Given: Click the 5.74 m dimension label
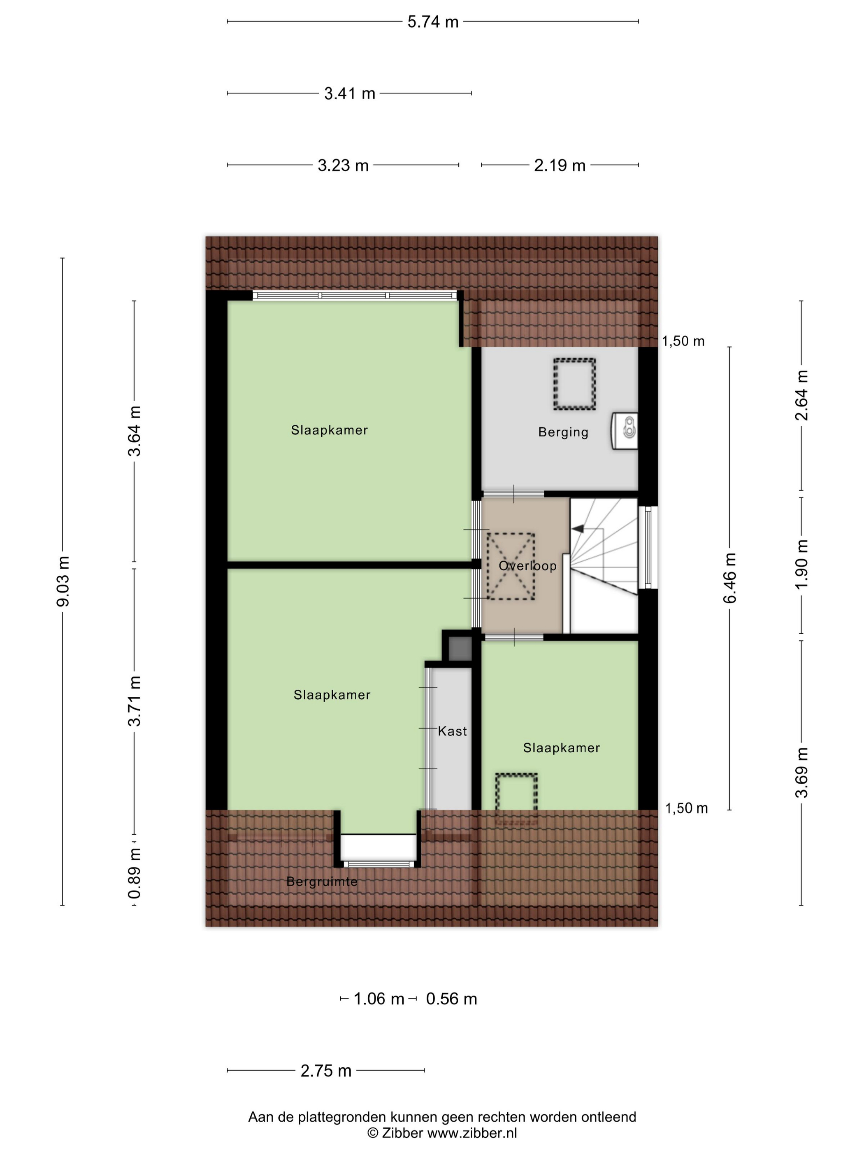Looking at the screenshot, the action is [x=433, y=22].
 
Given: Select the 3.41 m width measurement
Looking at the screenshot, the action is [x=349, y=94].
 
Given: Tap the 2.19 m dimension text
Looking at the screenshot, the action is [x=560, y=166].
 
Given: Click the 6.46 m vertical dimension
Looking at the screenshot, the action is [x=729, y=578].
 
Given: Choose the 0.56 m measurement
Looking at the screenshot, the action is [x=451, y=999].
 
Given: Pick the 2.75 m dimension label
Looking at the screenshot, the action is [x=326, y=1071].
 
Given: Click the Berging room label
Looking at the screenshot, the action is [x=563, y=432].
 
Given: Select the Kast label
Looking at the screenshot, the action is [x=452, y=731].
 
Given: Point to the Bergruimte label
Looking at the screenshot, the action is [x=322, y=882].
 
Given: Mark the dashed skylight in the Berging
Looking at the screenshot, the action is [x=574, y=384].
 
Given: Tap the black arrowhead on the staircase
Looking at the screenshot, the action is [x=578, y=529].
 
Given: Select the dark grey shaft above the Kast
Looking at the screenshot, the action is [x=460, y=649].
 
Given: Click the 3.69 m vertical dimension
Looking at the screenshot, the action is [x=801, y=773].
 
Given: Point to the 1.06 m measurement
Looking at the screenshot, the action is [x=379, y=999].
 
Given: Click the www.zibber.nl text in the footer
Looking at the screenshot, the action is [x=472, y=1133].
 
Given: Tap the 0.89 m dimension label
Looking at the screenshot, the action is [x=135, y=880].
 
